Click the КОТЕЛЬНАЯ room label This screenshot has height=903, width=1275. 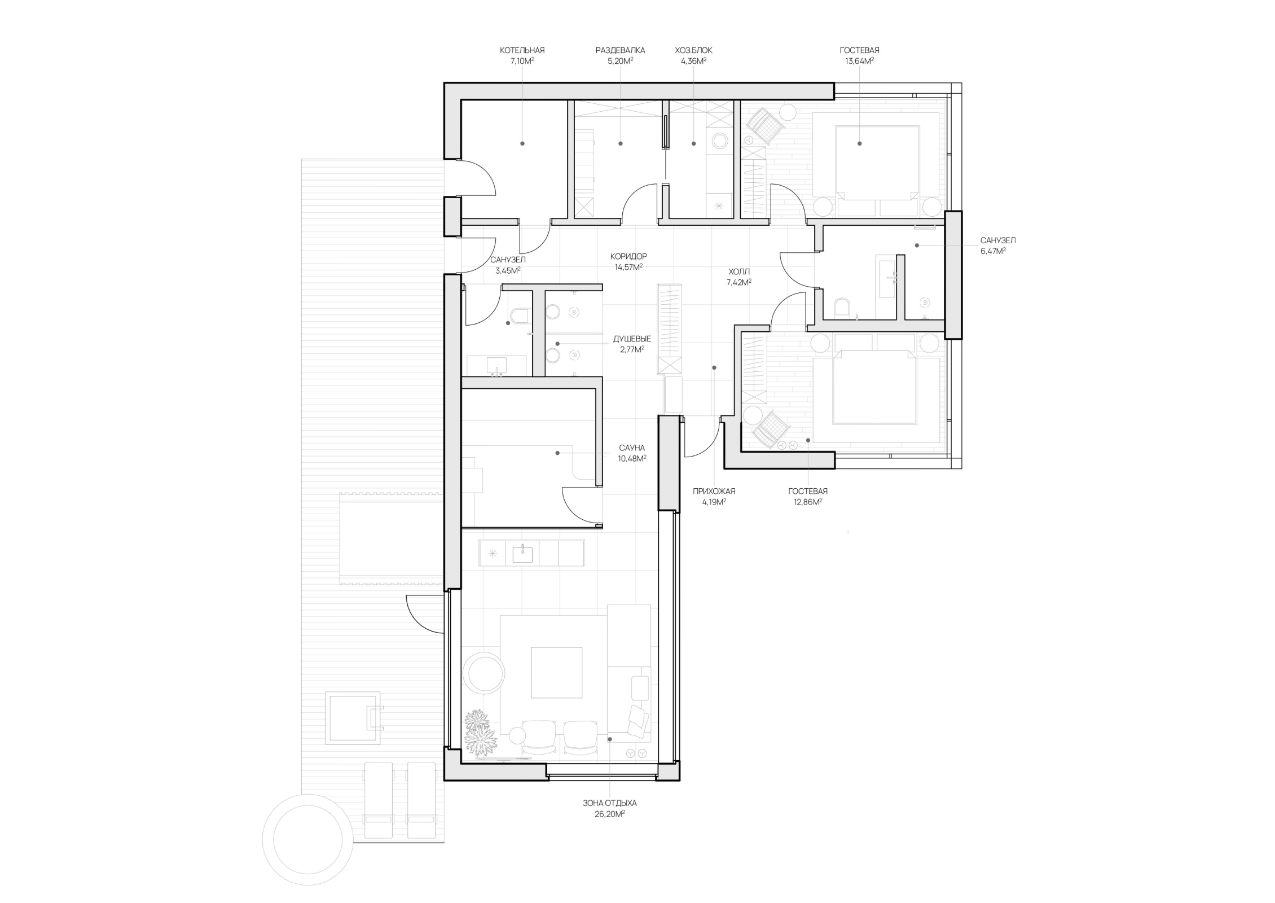[x=522, y=50]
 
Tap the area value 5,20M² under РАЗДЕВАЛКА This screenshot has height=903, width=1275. [x=620, y=61]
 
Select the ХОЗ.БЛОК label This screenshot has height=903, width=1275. [x=693, y=50]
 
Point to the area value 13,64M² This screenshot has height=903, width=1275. [x=859, y=61]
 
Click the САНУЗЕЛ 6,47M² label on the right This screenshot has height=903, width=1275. [x=998, y=246]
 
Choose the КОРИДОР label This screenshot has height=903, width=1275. [x=628, y=256]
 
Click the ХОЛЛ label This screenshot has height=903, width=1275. [x=739, y=271]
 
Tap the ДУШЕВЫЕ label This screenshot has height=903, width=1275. [x=632, y=339]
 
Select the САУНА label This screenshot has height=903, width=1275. [x=632, y=448]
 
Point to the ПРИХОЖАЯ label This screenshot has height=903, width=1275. [x=714, y=491]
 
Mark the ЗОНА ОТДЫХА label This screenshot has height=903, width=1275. [x=609, y=803]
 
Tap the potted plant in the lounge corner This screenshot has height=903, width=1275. [x=480, y=732]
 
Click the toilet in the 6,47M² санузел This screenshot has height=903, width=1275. [x=842, y=308]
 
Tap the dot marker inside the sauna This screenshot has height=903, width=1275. [x=557, y=453]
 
